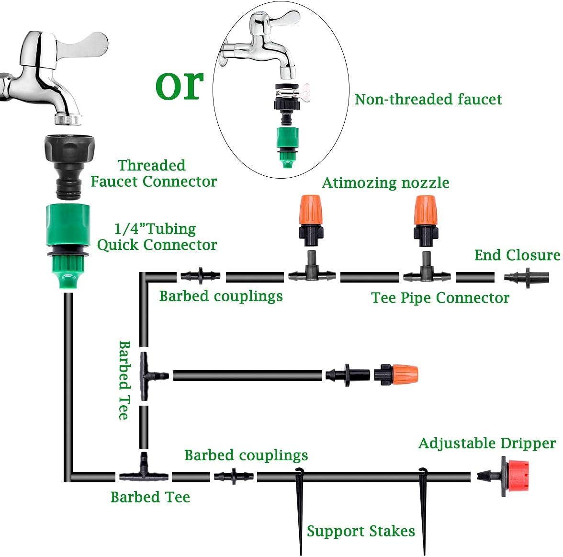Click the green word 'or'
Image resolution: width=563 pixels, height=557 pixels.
[x=179, y=85]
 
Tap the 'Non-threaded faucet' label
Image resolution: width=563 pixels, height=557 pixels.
[x=428, y=99]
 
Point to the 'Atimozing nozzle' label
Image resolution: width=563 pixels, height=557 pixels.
[x=385, y=182]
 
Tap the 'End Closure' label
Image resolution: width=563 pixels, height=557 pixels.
[x=517, y=255]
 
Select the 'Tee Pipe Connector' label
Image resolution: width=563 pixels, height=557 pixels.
[x=440, y=297]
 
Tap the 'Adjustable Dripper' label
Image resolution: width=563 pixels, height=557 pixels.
[x=487, y=443]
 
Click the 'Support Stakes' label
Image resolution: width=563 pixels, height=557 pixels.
[x=360, y=531]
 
